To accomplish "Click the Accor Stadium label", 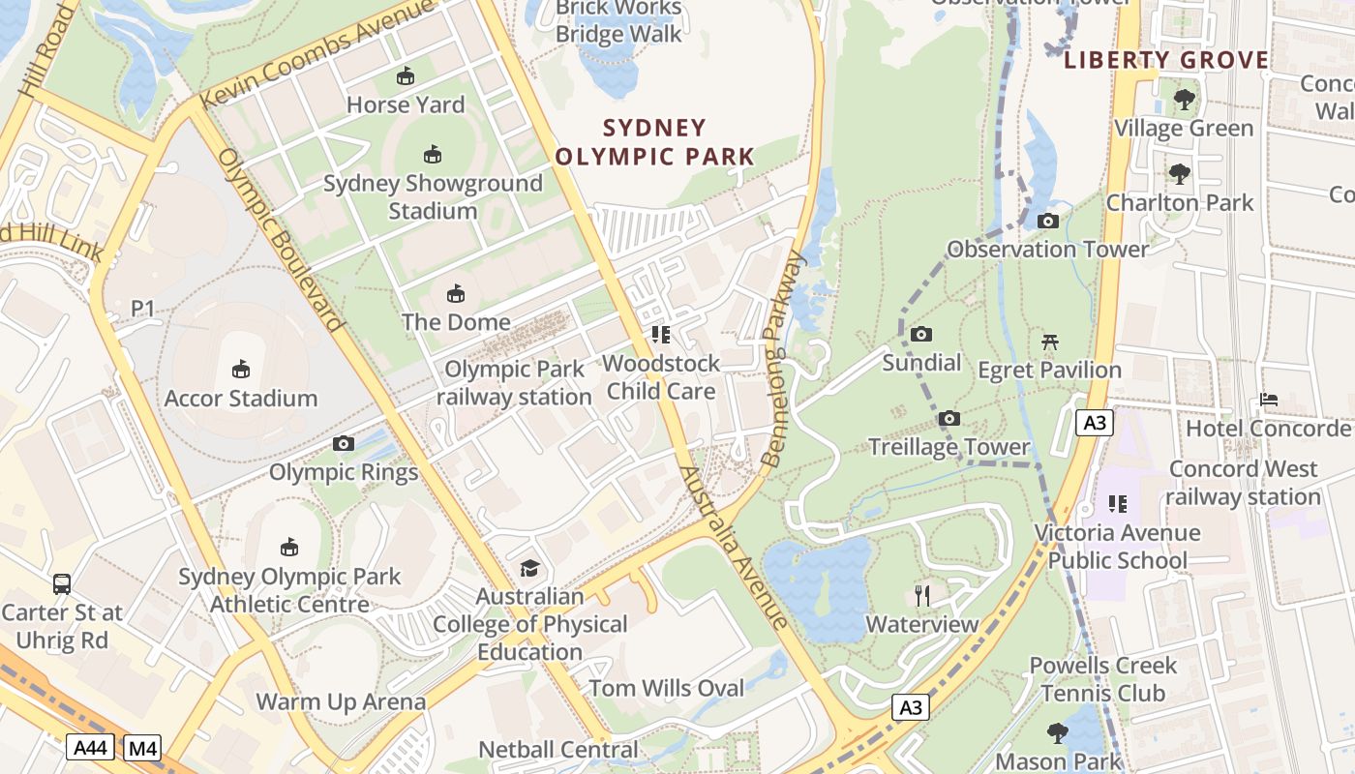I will coord(241,398).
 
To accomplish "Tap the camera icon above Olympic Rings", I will coord(343,444).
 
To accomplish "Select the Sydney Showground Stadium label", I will coord(433,196).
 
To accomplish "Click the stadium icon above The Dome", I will coord(456,294).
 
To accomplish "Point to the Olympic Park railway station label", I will coord(514,383).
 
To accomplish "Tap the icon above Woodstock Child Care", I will coord(661,336).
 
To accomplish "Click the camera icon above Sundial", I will coord(921,335).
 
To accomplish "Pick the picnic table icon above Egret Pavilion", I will coord(1050,342).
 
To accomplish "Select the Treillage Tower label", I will coord(948,447).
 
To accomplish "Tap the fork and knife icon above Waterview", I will coord(922,596).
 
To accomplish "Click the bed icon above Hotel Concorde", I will coord(1268,400).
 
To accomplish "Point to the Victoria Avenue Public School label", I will coord(1118,547).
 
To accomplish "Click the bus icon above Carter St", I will coord(62,584).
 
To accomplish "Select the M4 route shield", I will coord(142,748).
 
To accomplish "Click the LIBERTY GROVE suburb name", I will coord(1166,60).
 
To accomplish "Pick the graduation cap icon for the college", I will coord(529,568).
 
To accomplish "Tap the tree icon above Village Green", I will coord(1184,99).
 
